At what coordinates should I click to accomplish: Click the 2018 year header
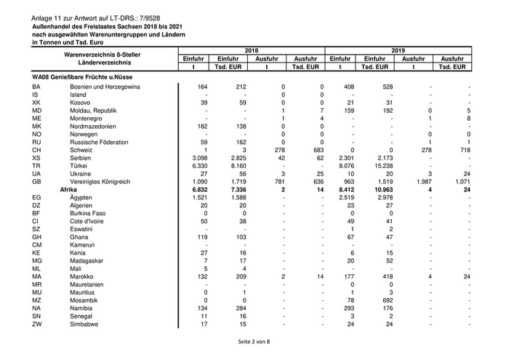click(252, 50)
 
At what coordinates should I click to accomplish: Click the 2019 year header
click(397, 50)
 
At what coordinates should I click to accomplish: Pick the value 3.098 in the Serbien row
click(198, 157)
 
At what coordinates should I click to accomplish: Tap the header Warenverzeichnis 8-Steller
click(102, 55)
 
